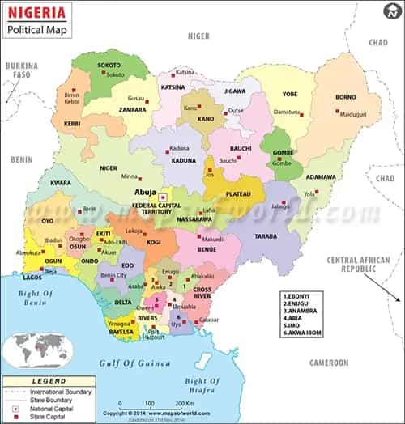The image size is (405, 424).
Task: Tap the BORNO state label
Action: point(346,97)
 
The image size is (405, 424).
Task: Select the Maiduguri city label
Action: point(352,114)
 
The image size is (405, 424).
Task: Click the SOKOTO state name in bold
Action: point(109,64)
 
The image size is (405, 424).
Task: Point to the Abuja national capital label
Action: point(146,193)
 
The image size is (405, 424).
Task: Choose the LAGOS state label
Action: point(33,277)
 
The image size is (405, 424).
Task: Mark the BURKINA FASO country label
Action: point(22,70)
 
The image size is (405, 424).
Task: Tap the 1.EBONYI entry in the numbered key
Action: point(299,298)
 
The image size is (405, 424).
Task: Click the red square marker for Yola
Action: point(317,192)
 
